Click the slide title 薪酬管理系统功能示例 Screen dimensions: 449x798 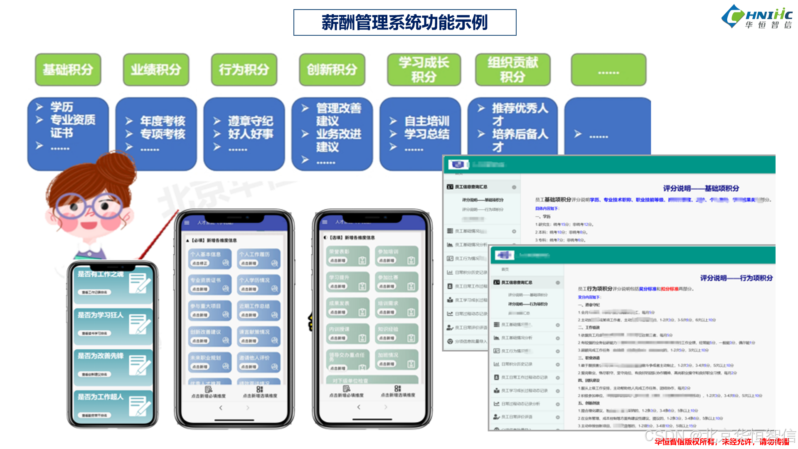[404, 22]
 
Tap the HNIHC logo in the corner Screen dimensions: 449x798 [757, 17]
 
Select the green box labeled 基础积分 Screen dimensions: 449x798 [68, 69]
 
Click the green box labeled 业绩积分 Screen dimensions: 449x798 [156, 69]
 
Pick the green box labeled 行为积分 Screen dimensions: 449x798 [244, 69]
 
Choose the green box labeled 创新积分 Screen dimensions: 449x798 [332, 69]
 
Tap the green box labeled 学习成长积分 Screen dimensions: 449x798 [424, 69]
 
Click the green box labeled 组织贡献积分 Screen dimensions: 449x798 [512, 69]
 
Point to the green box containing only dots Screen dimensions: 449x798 [608, 69]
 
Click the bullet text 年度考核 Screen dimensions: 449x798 [163, 121]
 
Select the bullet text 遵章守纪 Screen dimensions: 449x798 [250, 121]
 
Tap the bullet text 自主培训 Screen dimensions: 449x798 [427, 121]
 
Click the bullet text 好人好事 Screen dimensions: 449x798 [250, 134]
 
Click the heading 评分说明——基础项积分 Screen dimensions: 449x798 [701, 188]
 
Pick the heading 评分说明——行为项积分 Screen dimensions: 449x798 [736, 278]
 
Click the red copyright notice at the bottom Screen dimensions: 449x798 [722, 442]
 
